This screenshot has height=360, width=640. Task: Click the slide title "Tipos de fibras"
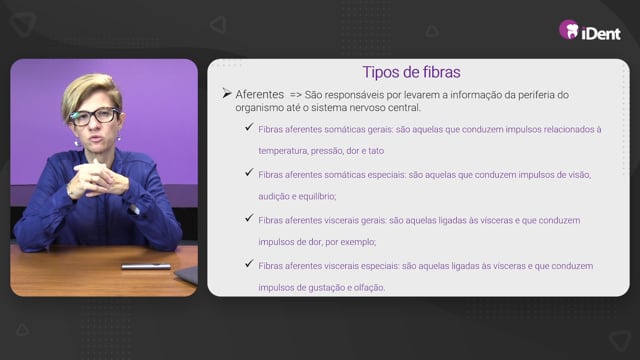tap(411, 72)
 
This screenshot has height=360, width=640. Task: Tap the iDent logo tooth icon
tap(569, 29)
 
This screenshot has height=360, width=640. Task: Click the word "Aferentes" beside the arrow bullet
tap(260, 94)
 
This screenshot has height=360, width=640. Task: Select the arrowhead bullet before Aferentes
tap(227, 93)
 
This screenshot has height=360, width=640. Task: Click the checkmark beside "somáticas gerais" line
tap(249, 127)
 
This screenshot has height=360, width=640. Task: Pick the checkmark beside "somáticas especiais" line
tap(249, 173)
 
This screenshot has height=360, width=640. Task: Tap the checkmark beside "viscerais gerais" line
tap(249, 218)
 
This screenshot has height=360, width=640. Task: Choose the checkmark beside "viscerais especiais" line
tap(249, 264)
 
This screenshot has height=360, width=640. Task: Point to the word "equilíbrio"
tap(319, 196)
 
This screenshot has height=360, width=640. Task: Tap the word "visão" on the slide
tap(580, 175)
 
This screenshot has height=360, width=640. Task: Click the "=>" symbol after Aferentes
tap(296, 95)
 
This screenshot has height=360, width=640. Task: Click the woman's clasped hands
tap(97, 178)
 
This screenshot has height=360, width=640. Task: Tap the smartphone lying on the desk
tap(146, 267)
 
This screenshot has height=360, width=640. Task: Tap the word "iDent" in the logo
tap(601, 33)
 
